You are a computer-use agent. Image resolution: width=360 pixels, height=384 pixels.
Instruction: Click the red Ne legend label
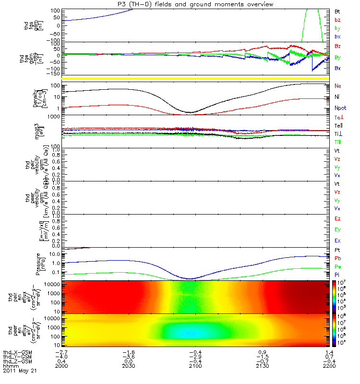coord(337,86)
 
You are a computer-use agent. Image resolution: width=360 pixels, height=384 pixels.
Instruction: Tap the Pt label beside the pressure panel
coord(337,251)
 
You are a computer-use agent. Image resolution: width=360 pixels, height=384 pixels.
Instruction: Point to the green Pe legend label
coord(337,266)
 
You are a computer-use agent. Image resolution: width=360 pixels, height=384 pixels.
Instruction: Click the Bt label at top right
coord(337,11)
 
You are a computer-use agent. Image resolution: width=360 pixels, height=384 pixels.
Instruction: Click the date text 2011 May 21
coord(19,371)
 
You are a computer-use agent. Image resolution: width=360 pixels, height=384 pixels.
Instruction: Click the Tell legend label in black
coord(338,125)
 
